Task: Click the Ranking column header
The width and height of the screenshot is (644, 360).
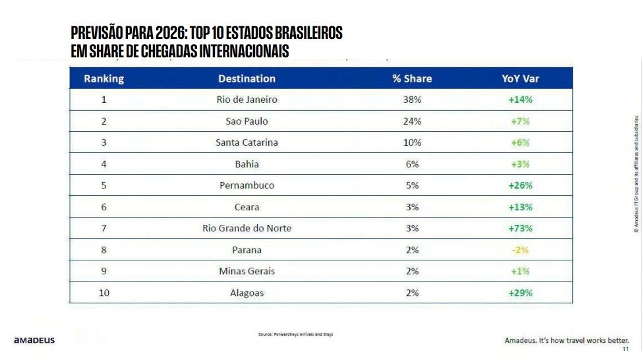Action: [x=103, y=78]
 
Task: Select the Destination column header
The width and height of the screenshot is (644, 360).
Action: [x=247, y=78]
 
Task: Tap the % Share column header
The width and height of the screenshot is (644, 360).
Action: [x=412, y=78]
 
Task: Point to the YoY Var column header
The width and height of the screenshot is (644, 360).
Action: [x=520, y=78]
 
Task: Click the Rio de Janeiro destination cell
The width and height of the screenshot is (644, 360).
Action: [x=247, y=100]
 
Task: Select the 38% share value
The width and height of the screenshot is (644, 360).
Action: [x=412, y=100]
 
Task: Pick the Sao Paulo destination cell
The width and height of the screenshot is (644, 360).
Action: [x=247, y=121]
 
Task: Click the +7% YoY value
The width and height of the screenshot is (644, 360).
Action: [x=520, y=121]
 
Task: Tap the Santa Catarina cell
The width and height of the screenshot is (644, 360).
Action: [x=247, y=142]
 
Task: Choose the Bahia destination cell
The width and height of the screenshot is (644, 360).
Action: [x=247, y=164]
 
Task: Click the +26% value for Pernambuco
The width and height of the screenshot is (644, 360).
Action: [x=520, y=185]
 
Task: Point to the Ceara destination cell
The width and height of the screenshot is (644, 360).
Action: [x=247, y=207]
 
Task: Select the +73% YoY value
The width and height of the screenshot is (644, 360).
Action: [x=520, y=228]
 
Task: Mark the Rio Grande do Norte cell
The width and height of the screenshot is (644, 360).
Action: [x=247, y=228]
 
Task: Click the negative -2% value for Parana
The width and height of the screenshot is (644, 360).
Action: [x=520, y=250]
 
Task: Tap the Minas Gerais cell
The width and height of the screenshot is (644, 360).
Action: [x=247, y=271]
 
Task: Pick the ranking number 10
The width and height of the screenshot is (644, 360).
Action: [x=103, y=293]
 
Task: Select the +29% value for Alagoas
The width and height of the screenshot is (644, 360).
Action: [x=520, y=293]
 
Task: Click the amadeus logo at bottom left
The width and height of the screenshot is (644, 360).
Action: [x=34, y=340]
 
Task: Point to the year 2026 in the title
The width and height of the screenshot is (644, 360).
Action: [x=172, y=33]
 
